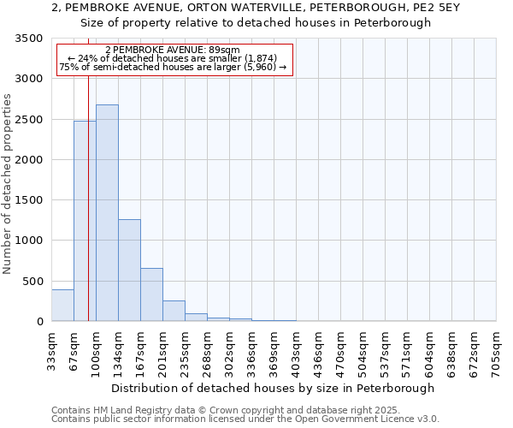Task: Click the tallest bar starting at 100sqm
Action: point(107,213)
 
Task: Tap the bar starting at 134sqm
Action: point(129,270)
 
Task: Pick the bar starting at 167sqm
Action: point(151,294)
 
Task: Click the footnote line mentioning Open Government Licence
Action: point(245,419)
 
